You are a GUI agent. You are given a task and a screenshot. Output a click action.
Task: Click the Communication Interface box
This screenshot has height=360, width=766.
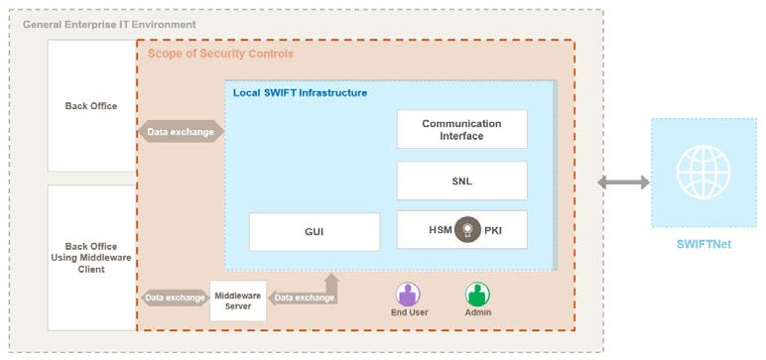tap(461, 129)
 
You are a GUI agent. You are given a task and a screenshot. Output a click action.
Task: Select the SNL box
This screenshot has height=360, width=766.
tap(461, 181)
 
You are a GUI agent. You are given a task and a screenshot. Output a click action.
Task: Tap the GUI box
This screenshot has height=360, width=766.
tap(314, 232)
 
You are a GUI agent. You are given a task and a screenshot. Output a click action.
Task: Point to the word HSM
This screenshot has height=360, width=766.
tap(441, 230)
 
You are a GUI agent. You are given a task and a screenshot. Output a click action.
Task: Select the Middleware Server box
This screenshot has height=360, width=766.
tap(238, 300)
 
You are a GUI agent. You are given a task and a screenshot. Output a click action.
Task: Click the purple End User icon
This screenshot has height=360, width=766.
tap(408, 295)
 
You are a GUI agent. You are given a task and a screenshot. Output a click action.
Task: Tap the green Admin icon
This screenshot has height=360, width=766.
tap(478, 295)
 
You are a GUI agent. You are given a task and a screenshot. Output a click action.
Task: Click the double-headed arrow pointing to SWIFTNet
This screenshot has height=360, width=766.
tap(623, 181)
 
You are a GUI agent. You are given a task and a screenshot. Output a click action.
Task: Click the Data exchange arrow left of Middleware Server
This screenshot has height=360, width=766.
tap(175, 298)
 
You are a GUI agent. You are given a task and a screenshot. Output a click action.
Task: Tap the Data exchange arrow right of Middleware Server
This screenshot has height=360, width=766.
tap(304, 297)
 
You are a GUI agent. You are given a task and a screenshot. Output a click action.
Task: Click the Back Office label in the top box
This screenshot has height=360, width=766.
tap(90, 106)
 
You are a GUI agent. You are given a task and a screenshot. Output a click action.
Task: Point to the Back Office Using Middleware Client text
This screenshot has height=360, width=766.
tap(90, 257)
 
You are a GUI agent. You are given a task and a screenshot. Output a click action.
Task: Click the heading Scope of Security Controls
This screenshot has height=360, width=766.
tap(220, 54)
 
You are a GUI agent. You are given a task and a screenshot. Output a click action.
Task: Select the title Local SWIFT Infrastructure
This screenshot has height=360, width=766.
tap(300, 92)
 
